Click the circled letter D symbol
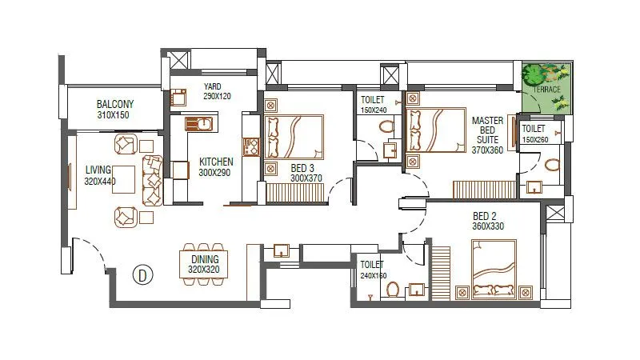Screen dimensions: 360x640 [142, 274]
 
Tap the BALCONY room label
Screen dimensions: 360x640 [115, 104]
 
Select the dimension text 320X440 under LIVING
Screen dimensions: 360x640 [101, 181]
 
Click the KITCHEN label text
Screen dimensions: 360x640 [216, 162]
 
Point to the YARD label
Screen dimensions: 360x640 [212, 86]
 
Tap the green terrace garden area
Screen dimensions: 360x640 [547, 86]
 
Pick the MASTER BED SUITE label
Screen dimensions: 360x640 [487, 135]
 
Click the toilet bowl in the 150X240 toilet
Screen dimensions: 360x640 [388, 126]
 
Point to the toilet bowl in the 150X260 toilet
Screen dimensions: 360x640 [552, 165]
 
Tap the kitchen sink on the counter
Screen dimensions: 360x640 [203, 124]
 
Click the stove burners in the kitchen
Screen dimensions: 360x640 [252, 147]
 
